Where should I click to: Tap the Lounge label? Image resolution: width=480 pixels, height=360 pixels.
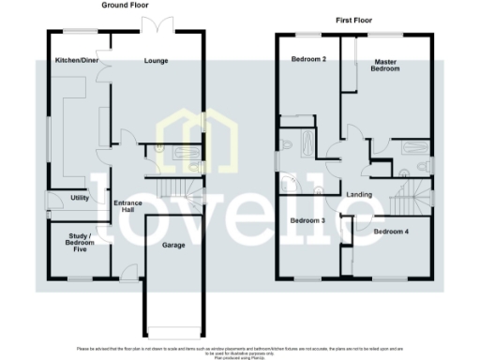(x=156, y=61)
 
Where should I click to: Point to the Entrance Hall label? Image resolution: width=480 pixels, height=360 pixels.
(x=127, y=207)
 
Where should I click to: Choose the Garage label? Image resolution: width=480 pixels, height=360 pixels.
(x=172, y=245)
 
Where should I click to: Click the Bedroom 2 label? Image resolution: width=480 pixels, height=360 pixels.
(x=309, y=61)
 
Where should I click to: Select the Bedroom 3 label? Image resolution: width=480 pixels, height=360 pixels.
(x=307, y=221)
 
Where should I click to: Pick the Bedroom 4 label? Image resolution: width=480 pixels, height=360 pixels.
(x=391, y=230)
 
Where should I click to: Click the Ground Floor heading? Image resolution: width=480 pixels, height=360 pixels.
(x=128, y=6)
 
